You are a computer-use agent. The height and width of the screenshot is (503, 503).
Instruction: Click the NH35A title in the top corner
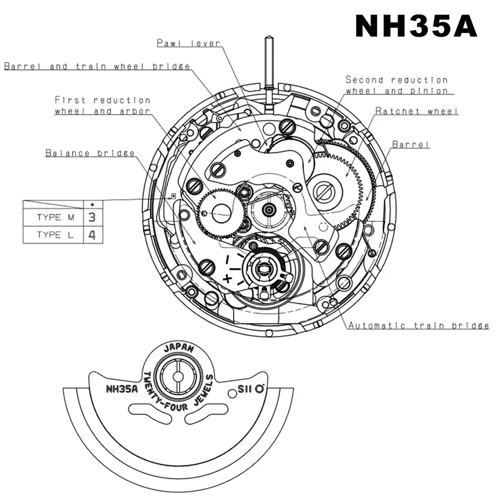[416, 26]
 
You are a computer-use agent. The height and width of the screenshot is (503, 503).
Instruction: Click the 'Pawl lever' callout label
[188, 43]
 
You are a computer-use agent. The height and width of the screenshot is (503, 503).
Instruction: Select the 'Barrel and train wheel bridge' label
[97, 66]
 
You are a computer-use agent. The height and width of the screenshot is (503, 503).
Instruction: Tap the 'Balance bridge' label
[90, 153]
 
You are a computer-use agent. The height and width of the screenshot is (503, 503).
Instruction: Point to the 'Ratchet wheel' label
[417, 111]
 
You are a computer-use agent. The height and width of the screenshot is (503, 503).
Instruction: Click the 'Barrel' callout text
[411, 144]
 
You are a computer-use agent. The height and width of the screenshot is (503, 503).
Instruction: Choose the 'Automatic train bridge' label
[419, 325]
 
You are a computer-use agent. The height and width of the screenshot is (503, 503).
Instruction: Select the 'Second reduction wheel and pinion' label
[396, 85]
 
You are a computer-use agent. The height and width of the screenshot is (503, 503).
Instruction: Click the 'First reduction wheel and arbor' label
[103, 106]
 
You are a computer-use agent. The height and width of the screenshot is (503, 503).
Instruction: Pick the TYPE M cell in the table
[55, 218]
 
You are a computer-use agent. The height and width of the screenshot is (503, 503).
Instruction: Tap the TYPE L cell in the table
[55, 235]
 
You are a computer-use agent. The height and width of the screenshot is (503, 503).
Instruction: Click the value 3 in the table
[92, 218]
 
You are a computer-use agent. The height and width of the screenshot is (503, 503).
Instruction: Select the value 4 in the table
[92, 235]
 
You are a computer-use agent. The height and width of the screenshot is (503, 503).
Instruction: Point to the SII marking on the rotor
[245, 389]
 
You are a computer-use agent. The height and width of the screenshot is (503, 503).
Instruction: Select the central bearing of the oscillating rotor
[178, 377]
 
